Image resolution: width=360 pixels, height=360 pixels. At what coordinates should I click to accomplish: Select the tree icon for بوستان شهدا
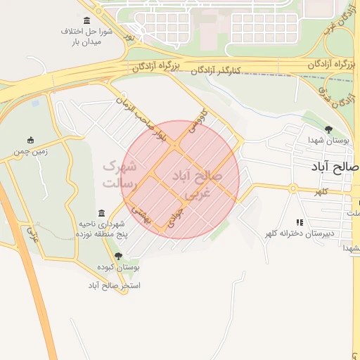(328, 129)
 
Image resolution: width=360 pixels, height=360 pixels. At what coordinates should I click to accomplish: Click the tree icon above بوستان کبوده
(118, 256)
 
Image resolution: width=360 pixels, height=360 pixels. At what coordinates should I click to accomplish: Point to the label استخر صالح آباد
(114, 285)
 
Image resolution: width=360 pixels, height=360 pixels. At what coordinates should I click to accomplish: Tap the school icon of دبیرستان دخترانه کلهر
(300, 222)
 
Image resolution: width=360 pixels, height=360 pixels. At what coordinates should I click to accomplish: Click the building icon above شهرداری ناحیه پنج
(103, 213)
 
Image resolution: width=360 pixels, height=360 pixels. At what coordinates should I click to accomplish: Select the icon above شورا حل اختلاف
(86, 20)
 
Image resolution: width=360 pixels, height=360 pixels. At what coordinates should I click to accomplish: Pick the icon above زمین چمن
(30, 140)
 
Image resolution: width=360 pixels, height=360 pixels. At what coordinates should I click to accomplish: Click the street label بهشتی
(143, 215)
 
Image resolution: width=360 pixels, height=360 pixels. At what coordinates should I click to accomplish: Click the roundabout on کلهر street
(292, 188)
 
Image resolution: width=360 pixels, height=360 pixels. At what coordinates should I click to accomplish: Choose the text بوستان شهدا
(328, 140)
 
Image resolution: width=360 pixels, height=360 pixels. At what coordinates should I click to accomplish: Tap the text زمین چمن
(30, 151)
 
